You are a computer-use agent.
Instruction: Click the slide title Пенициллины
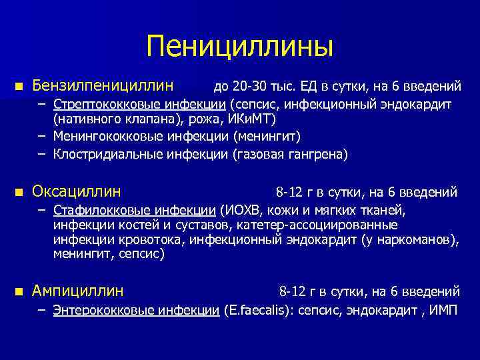coord(240,47)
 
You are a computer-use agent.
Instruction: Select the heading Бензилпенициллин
coord(103,86)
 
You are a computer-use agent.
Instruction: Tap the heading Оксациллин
coord(77,192)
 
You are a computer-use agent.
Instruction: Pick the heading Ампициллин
coord(78,291)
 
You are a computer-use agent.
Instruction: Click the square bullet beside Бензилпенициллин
coord(19,86)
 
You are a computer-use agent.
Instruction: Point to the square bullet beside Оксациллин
coord(19,192)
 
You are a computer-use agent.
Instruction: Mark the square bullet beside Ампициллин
coord(19,291)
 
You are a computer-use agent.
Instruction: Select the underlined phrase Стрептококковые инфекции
coord(140,105)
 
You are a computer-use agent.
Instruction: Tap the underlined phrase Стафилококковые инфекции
coord(136,211)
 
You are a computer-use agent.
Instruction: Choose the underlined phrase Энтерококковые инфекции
coord(136,309)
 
